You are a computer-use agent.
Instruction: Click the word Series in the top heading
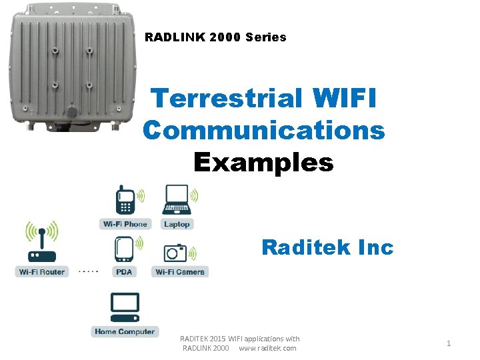click(x=265, y=37)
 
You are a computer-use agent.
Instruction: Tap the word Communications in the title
click(x=263, y=130)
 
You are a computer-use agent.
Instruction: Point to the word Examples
click(x=263, y=161)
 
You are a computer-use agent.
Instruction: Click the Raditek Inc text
click(x=327, y=247)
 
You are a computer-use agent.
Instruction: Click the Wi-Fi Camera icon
click(x=175, y=253)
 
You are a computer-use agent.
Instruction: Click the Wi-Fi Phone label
click(x=125, y=224)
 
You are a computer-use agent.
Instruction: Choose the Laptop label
click(x=177, y=224)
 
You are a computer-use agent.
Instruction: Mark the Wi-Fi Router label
click(x=42, y=272)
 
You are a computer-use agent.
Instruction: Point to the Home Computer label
click(x=124, y=331)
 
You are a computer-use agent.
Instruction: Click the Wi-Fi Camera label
click(x=180, y=272)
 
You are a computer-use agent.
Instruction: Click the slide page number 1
click(x=449, y=343)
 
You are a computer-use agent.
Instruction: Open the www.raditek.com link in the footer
click(x=267, y=348)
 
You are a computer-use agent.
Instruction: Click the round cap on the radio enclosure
click(x=71, y=112)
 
